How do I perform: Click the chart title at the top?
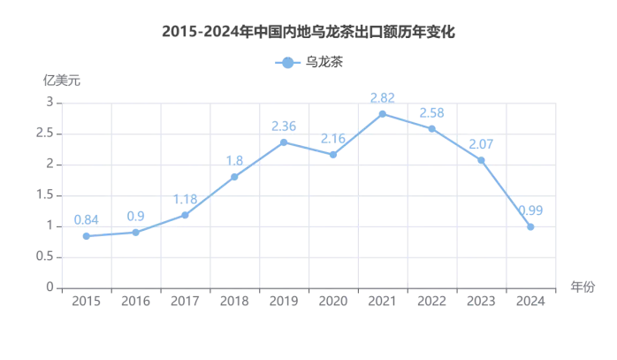pyautogui.click(x=308, y=32)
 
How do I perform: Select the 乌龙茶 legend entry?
pyautogui.click(x=309, y=63)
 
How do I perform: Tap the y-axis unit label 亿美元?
pyautogui.click(x=62, y=80)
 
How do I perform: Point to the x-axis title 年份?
pyautogui.click(x=582, y=287)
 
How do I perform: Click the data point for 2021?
pyautogui.click(x=382, y=113)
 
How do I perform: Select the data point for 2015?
pyautogui.click(x=86, y=236)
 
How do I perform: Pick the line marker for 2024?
pyautogui.click(x=530, y=226)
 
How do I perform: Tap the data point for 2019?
pyautogui.click(x=284, y=142)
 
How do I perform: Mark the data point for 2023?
pyautogui.click(x=481, y=160)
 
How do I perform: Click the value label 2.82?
pyautogui.click(x=382, y=97)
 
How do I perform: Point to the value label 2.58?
pyautogui.click(x=431, y=112)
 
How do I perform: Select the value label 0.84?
pyautogui.click(x=86, y=219)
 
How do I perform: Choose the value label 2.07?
pyautogui.click(x=481, y=143)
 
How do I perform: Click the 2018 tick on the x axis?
pyautogui.click(x=234, y=302)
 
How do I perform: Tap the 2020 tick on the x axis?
pyautogui.click(x=332, y=302)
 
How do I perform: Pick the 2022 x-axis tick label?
pyautogui.click(x=431, y=302)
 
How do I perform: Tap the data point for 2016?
pyautogui.click(x=135, y=232)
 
